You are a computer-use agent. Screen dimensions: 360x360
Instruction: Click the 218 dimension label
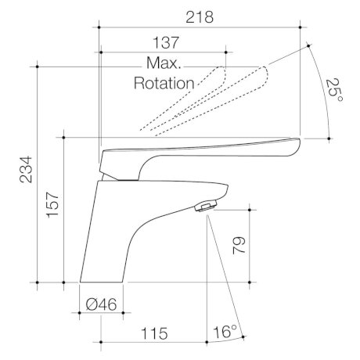200,17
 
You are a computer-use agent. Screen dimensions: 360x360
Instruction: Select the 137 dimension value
166,42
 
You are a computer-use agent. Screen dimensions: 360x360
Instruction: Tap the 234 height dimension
26,170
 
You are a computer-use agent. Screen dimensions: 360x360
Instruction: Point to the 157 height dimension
52,205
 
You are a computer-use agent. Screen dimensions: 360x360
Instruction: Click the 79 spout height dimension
239,245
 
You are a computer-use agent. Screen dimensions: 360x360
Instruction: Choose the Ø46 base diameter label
101,304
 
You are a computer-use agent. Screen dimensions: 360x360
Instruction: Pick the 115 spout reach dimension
154,333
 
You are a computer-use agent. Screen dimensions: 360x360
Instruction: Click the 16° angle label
225,332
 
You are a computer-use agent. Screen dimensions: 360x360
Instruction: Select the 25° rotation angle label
334,90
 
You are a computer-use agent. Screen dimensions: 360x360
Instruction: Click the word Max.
164,63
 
